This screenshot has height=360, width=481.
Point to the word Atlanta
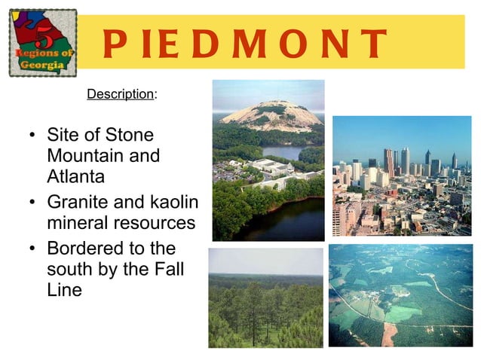75,177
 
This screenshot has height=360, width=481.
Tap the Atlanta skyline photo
401,175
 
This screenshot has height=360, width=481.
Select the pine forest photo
265,297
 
